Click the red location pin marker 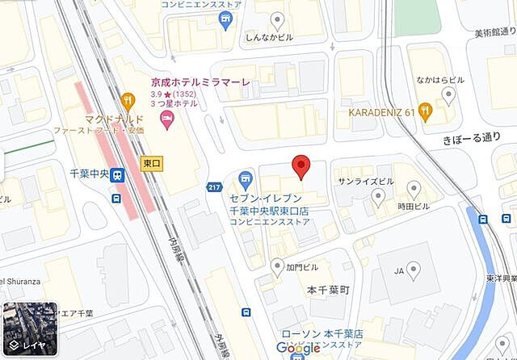tap(301, 165)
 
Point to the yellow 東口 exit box tap(151, 162)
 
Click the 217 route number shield tap(214, 186)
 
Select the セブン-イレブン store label tap(270, 199)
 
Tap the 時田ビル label tap(414, 207)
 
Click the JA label tap(397, 272)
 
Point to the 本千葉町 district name tap(326, 289)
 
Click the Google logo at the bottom tap(298, 348)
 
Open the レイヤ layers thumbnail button tap(29, 331)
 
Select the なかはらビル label tap(440, 80)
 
